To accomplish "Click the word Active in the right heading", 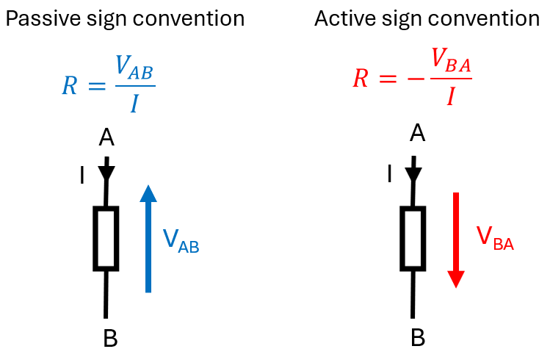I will point(343,18).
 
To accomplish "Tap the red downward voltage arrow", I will point(456,240).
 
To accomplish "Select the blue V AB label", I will point(181,241).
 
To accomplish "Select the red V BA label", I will point(494,238).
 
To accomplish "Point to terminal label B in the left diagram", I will point(110,338).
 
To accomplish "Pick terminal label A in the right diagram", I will point(417,133).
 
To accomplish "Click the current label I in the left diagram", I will point(82,176).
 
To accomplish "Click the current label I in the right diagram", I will point(388,174).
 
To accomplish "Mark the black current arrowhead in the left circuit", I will point(107,174).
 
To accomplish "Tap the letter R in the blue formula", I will point(69,86).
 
